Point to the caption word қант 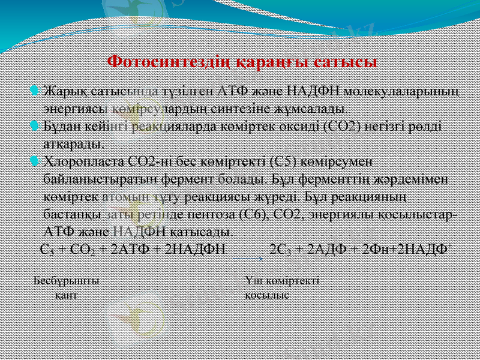click(x=65, y=294)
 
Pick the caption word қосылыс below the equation click(x=267, y=294)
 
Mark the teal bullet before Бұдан click(x=34, y=127)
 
